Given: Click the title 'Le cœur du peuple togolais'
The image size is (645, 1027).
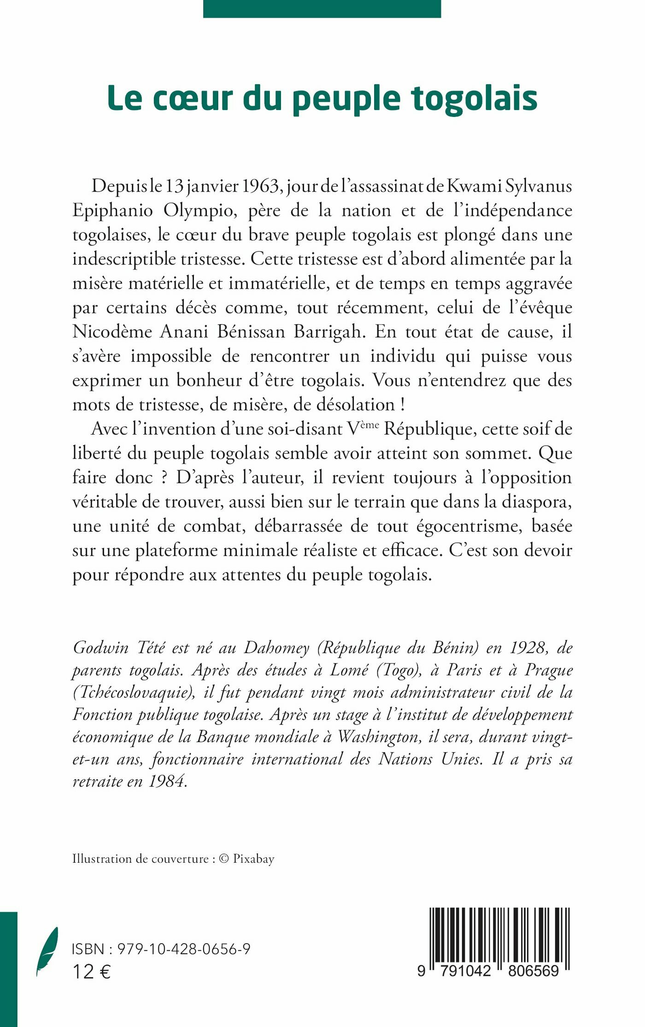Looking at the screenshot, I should point(322,99).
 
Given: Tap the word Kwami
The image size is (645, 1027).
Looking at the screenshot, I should point(475,186).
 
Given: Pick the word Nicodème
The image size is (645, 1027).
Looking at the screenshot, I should point(112,331).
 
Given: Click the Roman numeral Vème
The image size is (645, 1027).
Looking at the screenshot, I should point(363,428).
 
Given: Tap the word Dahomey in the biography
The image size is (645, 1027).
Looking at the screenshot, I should point(276,647).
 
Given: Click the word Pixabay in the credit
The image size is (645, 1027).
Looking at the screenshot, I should point(253,859).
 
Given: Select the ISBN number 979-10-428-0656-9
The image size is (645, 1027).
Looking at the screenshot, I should point(184,949).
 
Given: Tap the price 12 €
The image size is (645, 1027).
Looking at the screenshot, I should point(91,972).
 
